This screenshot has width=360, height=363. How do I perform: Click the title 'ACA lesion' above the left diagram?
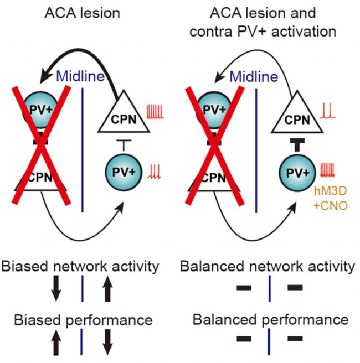(82, 13)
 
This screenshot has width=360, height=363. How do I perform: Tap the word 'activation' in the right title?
(304, 31)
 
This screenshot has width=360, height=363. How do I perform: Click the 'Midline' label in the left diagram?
(80, 76)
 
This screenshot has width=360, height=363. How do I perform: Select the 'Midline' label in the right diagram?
(254, 76)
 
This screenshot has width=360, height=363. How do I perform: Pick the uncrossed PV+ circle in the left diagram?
(124, 172)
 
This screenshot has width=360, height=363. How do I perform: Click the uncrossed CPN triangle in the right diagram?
(297, 115)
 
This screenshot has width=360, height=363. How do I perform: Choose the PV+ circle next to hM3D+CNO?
(297, 173)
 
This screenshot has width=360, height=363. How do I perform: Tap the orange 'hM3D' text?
(331, 191)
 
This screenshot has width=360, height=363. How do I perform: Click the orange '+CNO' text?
(331, 206)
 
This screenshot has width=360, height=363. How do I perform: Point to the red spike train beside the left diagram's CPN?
(155, 112)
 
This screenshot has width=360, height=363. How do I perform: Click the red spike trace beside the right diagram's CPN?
(327, 111)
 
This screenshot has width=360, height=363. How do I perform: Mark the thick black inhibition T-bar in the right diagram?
(297, 144)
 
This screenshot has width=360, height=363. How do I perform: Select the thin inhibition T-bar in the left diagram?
(124, 145)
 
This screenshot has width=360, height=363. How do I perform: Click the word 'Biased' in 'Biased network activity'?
(25, 267)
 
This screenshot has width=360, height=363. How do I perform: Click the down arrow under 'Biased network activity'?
(56, 288)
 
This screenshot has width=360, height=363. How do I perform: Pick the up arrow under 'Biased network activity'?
(107, 288)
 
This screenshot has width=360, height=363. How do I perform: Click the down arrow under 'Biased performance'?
(107, 342)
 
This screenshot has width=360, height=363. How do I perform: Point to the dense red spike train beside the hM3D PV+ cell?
(327, 170)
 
